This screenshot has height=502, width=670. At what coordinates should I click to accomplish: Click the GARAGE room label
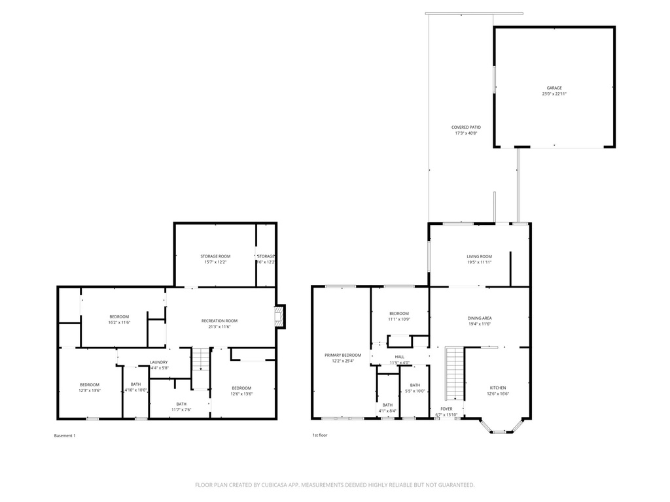click(554, 88)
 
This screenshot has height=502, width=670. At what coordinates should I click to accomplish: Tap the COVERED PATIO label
click(466, 127)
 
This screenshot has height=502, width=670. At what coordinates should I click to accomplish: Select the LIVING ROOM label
click(479, 256)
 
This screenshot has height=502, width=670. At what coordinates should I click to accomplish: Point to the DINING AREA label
click(479, 318)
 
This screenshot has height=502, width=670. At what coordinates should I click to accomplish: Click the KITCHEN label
click(497, 387)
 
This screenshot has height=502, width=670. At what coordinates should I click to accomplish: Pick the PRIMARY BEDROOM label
click(343, 355)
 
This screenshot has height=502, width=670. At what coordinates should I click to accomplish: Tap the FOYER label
click(446, 409)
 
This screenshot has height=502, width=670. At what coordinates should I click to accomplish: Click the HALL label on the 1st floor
click(399, 357)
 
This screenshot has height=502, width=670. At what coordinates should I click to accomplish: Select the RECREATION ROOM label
click(219, 321)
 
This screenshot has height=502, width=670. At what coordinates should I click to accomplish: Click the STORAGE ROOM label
click(215, 256)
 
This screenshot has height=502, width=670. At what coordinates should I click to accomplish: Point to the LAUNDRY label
click(159, 362)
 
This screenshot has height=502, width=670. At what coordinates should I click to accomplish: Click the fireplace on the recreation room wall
click(279, 317)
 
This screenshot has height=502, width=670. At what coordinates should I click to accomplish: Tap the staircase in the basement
click(200, 360)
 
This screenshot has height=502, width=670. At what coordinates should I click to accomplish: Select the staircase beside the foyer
click(454, 373)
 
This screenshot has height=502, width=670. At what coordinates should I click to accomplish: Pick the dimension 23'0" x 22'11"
click(554, 94)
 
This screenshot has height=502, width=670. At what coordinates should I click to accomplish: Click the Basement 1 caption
click(65, 436)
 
